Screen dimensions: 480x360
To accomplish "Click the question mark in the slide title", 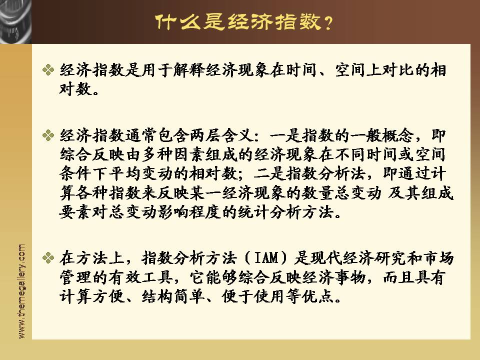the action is (x=328, y=22).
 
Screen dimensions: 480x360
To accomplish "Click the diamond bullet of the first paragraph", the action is (x=48, y=70).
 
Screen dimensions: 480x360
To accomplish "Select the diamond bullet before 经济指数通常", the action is (x=48, y=135).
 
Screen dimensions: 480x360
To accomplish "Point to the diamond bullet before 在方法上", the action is (x=48, y=258).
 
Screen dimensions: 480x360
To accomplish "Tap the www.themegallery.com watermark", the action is (x=21, y=291).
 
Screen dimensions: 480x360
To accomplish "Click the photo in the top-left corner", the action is (x=15, y=21).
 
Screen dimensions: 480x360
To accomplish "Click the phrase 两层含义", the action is (x=221, y=135).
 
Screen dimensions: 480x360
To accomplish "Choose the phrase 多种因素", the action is (x=173, y=154).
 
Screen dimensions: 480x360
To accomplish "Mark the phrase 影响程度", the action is (x=189, y=212).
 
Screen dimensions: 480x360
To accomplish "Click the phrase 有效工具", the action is (x=141, y=277).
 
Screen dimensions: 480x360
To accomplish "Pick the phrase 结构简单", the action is (x=173, y=296).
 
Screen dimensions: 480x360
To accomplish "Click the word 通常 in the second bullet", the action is (x=141, y=135).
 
